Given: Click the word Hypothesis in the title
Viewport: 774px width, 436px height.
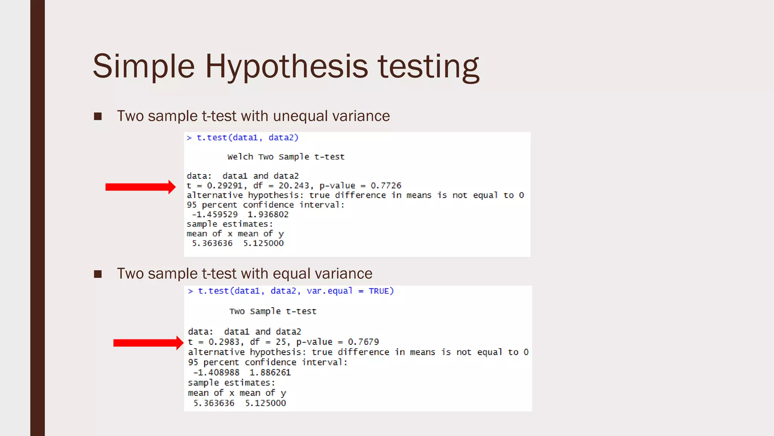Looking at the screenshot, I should click(286, 67).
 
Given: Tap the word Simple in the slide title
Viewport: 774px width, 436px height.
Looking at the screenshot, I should click(144, 67).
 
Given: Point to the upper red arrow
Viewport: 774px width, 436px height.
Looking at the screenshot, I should click(140, 187).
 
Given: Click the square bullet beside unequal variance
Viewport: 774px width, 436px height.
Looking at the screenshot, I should click(98, 116).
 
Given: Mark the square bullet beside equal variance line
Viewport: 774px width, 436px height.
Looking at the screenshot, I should click(98, 274).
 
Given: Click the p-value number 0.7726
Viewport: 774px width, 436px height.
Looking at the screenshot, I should click(386, 186).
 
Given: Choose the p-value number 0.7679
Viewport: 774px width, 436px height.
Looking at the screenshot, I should click(363, 342).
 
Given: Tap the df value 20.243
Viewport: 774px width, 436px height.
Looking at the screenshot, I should click(294, 186).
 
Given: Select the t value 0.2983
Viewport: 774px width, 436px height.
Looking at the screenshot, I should click(224, 342).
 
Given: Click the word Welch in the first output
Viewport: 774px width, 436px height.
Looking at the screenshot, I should click(240, 157).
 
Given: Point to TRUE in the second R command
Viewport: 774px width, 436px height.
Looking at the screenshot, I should click(379, 291).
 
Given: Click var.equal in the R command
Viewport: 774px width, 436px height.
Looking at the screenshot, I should click(329, 291).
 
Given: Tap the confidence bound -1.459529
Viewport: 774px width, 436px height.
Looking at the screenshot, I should click(215, 215).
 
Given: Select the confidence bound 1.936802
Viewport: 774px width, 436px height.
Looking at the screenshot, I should click(268, 215).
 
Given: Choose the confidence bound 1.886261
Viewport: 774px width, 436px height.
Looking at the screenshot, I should click(270, 373).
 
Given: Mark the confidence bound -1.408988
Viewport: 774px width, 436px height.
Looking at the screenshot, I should click(216, 373).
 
